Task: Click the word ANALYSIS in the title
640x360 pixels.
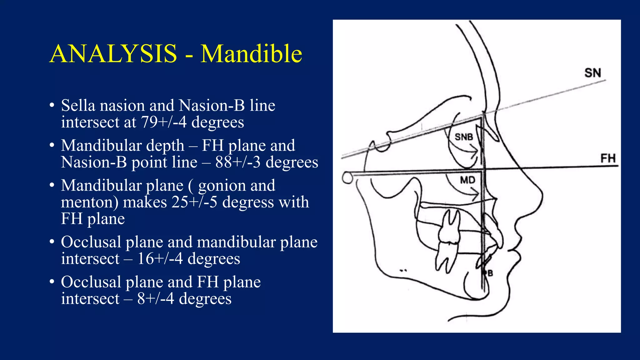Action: click(x=113, y=54)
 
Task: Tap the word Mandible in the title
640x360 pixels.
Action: click(x=251, y=54)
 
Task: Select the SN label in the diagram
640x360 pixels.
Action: click(x=592, y=73)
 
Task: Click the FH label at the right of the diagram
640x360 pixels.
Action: click(x=608, y=158)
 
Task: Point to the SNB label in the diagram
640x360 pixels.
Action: click(x=464, y=137)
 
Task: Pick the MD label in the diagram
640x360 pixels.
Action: click(x=467, y=180)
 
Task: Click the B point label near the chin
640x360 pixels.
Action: click(x=490, y=273)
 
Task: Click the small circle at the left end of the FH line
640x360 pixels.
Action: click(x=347, y=178)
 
